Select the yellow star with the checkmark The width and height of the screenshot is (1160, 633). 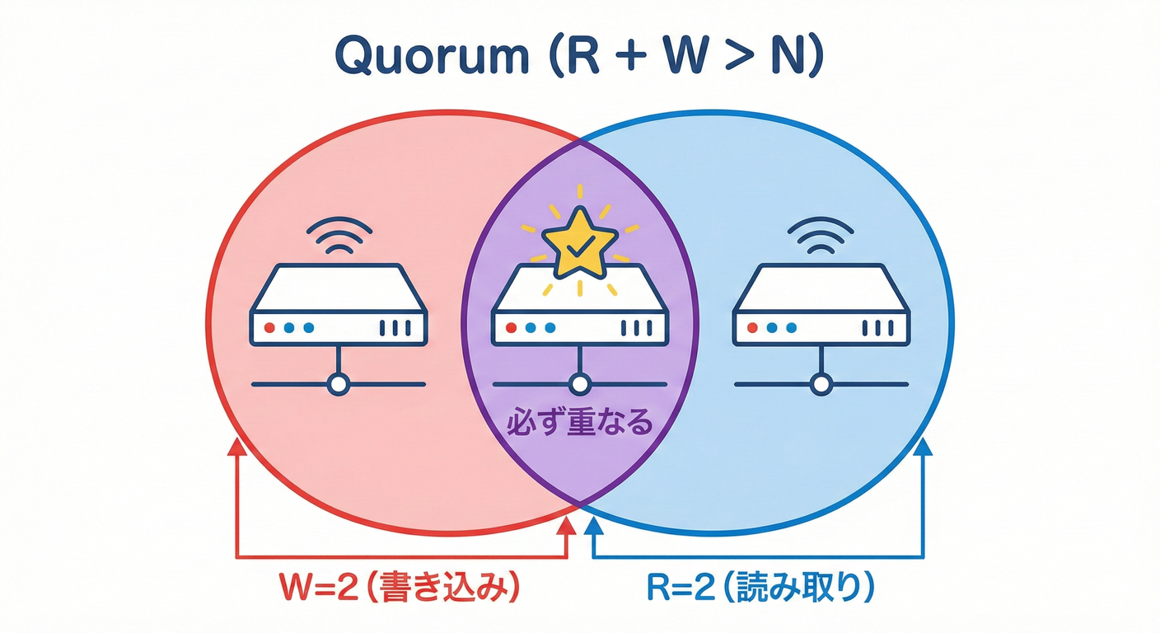(x=579, y=242)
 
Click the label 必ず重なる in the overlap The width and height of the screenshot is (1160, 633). (x=580, y=424)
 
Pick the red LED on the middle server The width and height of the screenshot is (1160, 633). (x=511, y=327)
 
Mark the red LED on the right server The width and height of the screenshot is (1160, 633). (x=752, y=327)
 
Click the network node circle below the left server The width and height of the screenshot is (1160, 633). (x=338, y=384)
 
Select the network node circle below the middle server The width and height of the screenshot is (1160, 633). (x=580, y=384)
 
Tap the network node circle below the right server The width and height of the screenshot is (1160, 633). (x=821, y=384)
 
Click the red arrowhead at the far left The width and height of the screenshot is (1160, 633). (x=237, y=448)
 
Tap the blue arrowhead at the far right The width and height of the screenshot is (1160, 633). (x=923, y=448)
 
